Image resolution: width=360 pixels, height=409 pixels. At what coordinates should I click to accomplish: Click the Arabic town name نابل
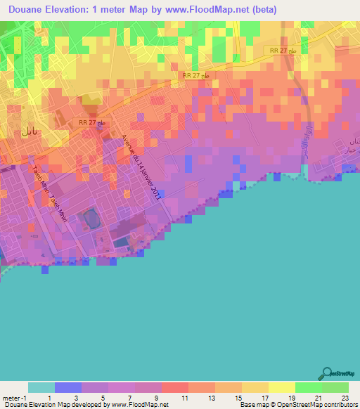pyautogui.click(x=29, y=131)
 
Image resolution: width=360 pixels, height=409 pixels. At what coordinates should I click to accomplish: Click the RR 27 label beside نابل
pyautogui.click(x=91, y=122)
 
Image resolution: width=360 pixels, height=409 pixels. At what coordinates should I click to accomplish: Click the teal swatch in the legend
pyautogui.click(x=41, y=387)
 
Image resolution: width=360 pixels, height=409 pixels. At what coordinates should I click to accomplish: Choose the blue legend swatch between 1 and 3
pyautogui.click(x=68, y=387)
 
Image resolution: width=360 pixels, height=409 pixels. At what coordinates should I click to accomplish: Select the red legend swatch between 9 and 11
pyautogui.click(x=175, y=387)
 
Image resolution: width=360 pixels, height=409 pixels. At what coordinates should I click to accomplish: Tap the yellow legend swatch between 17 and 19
pyautogui.click(x=282, y=387)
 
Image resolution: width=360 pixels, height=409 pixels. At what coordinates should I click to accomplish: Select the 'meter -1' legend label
pyautogui.click(x=15, y=397)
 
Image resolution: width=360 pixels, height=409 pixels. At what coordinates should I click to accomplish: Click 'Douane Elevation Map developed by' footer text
pyautogui.click(x=52, y=405)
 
